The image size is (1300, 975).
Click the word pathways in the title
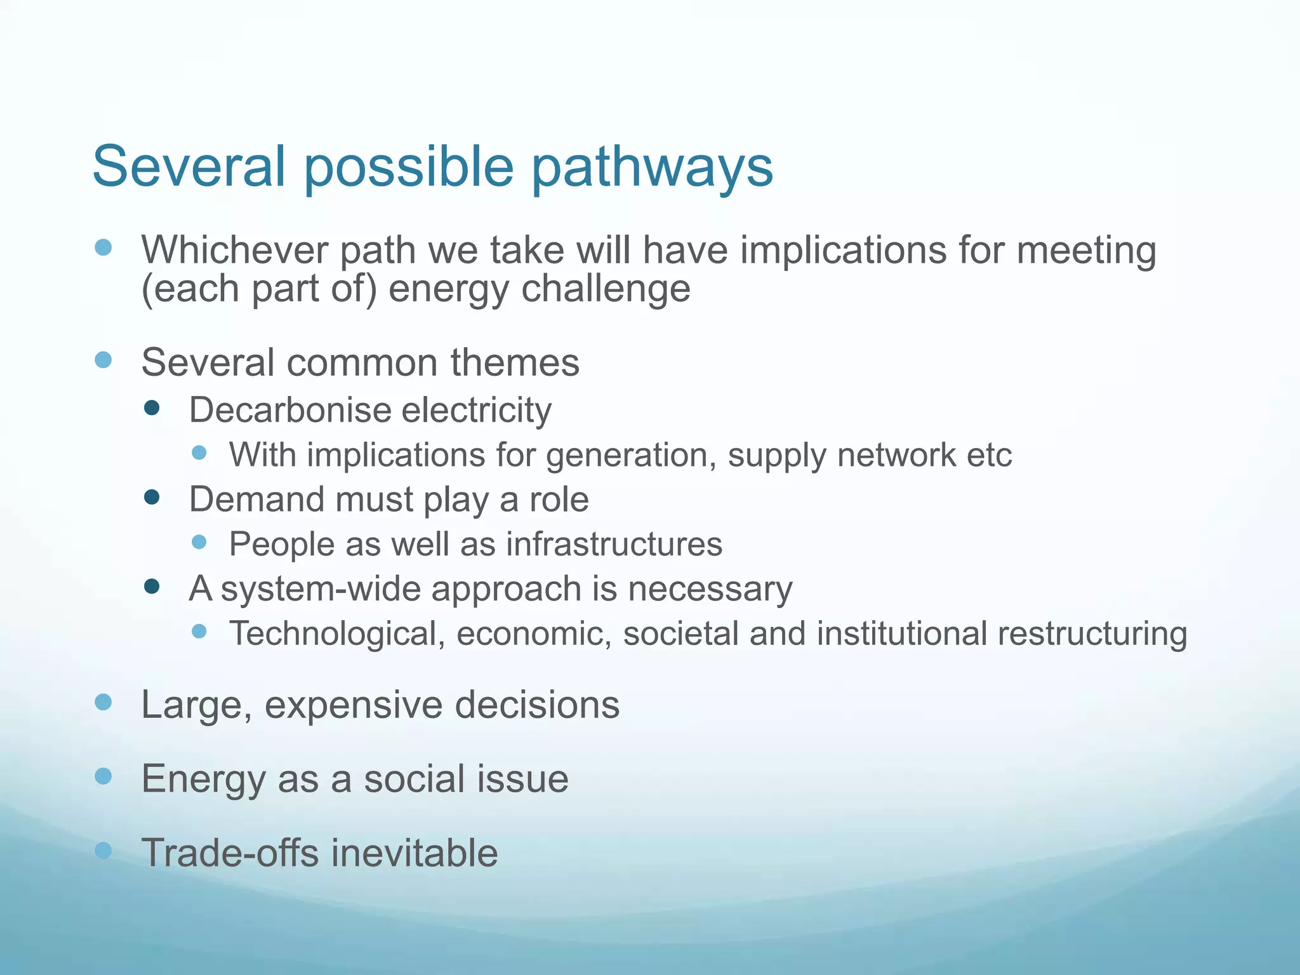click(651, 167)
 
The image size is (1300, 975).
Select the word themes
click(515, 362)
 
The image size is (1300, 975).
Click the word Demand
click(256, 500)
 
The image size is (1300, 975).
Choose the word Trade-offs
click(230, 852)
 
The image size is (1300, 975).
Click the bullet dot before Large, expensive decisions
click(103, 702)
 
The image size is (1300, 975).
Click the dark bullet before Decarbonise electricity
click(152, 408)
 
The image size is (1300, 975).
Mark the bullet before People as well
click(199, 542)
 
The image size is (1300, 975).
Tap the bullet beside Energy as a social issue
click(103, 776)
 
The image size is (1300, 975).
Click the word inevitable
click(414, 852)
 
